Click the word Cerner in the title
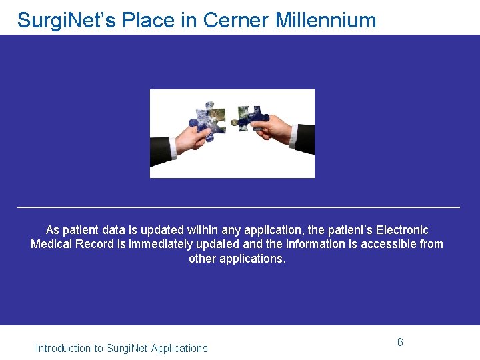click(234, 20)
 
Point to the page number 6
click(400, 342)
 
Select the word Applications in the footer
click(179, 348)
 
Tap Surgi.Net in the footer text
click(127, 348)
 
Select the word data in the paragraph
click(117, 230)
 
